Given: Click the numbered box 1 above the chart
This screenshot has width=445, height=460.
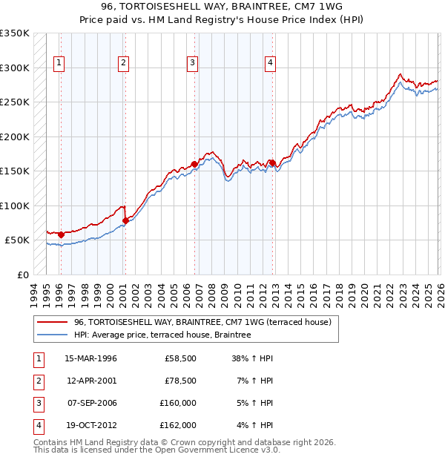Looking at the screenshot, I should coord(59,63).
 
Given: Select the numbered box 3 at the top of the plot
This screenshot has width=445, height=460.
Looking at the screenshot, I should coord(192,63).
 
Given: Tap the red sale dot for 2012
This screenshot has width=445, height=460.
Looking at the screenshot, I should coord(272,162).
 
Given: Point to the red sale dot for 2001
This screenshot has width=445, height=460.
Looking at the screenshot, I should coord(125,220).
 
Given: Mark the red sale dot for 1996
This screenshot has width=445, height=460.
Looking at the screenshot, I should coord(61,234).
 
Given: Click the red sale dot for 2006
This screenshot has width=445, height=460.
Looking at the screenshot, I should coord(194,164).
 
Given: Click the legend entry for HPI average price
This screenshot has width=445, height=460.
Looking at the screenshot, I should coord(162,335).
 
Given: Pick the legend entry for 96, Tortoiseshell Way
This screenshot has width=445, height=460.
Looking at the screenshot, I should coord(203,322).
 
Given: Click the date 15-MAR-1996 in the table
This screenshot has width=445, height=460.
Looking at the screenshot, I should coord(90,358).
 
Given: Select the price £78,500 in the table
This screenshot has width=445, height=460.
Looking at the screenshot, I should coord(180,381).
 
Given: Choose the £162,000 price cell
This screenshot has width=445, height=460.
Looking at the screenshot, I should coord(178,425).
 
